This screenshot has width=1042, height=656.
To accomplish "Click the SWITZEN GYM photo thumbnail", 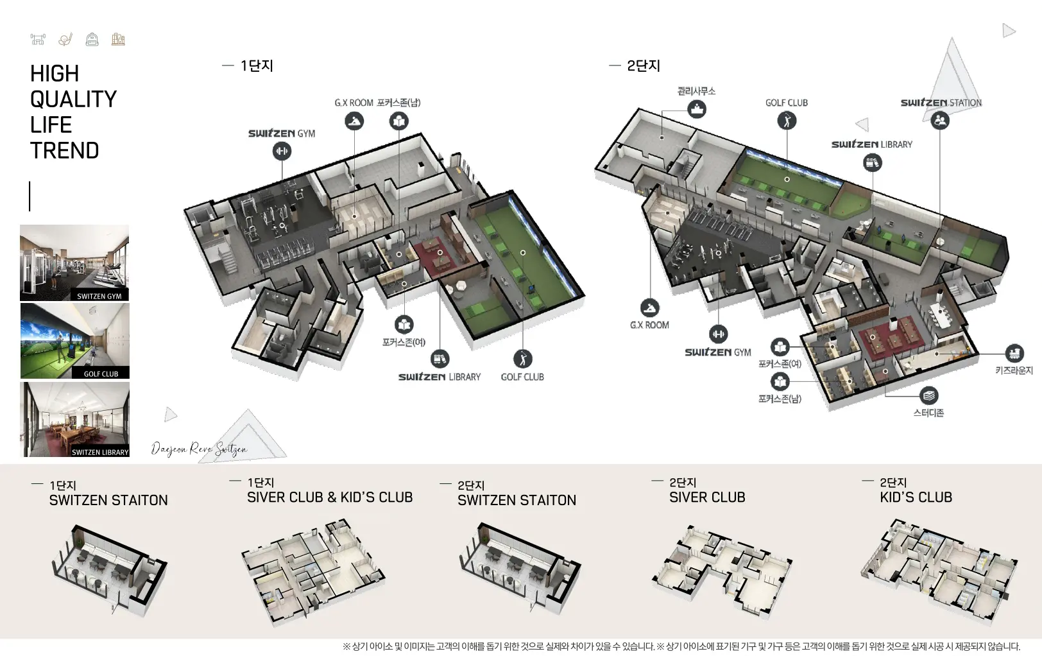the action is tap(74, 263).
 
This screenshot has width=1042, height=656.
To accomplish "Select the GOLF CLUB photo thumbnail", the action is tap(75, 341).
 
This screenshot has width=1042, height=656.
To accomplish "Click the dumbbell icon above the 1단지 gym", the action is tap(282, 151).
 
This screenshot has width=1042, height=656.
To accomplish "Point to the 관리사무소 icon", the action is tap(697, 109).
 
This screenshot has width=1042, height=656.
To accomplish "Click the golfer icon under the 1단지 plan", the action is tap(523, 359).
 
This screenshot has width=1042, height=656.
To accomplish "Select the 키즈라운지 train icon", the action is tap(1014, 354).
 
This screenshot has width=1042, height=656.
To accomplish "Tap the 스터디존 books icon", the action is tap(929, 396).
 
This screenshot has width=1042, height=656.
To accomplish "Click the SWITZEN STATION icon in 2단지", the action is tap(940, 121).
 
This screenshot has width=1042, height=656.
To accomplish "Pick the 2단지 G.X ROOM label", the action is tap(649, 325).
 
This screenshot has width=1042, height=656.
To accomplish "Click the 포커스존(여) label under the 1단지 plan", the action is tap(404, 342).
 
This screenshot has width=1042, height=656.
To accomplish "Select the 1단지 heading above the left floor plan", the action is tap(257, 65).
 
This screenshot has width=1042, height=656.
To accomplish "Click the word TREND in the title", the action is tap(65, 150).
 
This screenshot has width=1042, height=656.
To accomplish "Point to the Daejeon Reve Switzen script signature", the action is tap(199, 449).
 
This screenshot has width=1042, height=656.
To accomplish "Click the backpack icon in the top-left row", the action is tap(92, 40).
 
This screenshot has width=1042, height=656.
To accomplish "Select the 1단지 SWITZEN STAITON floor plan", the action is tap(109, 570).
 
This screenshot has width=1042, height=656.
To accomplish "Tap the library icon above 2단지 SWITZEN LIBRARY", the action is tap(873, 163).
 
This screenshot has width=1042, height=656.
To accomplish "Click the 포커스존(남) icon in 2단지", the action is tap(780, 381).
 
